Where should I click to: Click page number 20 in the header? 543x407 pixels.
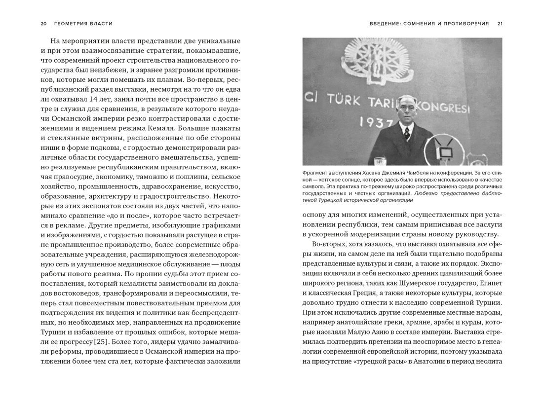(x=43, y=24)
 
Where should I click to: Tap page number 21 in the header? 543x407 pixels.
(x=500, y=24)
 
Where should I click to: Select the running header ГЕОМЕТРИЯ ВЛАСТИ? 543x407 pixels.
(x=84, y=24)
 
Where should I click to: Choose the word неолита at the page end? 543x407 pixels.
(x=489, y=362)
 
